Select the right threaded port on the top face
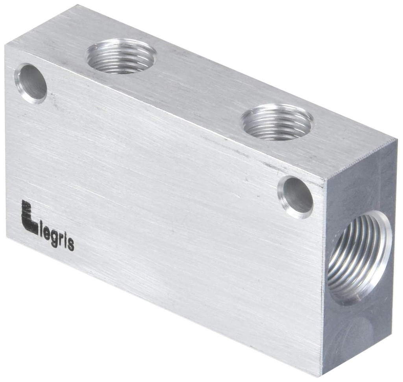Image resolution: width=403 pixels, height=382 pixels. coord(277,122)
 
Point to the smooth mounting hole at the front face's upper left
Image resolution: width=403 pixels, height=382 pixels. coord(31,83)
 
